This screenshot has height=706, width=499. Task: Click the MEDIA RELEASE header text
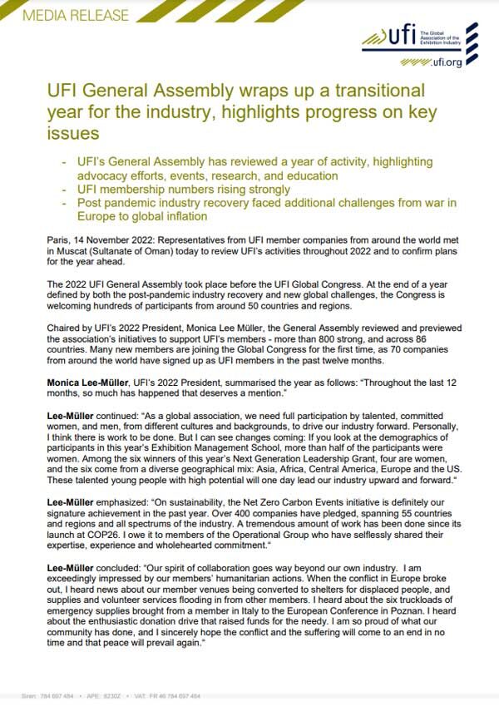66,15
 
